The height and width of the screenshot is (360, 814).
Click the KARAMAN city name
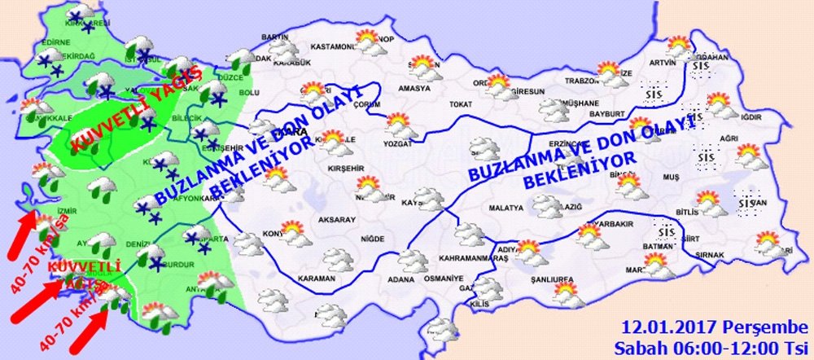pos(316,279)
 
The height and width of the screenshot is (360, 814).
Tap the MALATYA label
pos(505,209)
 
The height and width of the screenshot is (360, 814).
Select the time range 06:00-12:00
pos(716,348)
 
